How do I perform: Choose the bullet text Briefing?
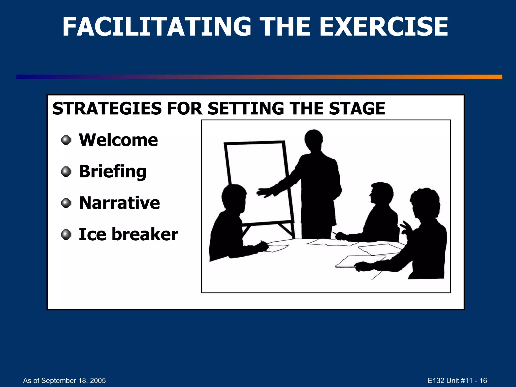pos(112,172)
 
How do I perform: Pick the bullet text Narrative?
pos(119,203)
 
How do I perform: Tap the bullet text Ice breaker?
pos(128,234)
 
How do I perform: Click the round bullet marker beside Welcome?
pos(66,140)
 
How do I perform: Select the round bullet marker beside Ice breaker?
pos(66,235)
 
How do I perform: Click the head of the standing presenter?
pos(313,140)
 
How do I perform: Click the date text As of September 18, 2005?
pos(64,380)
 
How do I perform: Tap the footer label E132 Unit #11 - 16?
pos(457,380)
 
